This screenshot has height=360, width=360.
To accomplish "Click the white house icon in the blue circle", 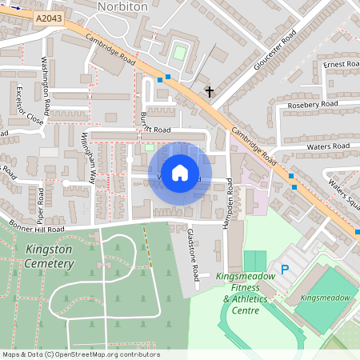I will [x=180, y=172].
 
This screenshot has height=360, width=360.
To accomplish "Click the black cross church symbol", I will [x=210, y=92].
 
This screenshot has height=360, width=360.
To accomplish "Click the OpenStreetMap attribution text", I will [x=80, y=354].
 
